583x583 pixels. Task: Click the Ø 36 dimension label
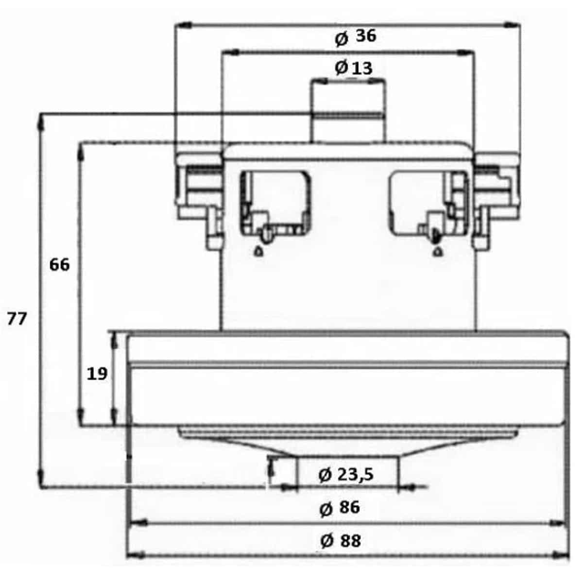pos(356,37)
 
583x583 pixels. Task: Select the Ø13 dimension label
pos(354,68)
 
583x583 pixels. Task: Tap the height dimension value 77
pos(17,319)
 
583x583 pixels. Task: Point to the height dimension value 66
pos(59,265)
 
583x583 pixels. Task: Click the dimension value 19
pos(97,374)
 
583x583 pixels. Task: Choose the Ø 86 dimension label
pos(340,508)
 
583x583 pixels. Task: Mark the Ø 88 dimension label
pos(341,540)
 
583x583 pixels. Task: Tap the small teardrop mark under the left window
pos(259,251)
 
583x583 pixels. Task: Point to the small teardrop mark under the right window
pos(438,251)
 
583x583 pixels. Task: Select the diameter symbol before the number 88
pos(326,541)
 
